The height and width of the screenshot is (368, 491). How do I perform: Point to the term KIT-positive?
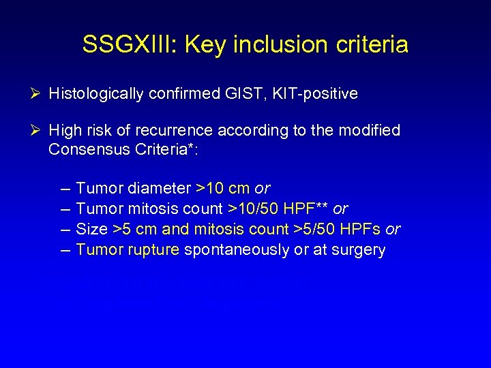[316, 94]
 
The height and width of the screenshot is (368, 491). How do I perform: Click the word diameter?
[158, 188]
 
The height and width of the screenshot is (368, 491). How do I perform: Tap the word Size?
[91, 229]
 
